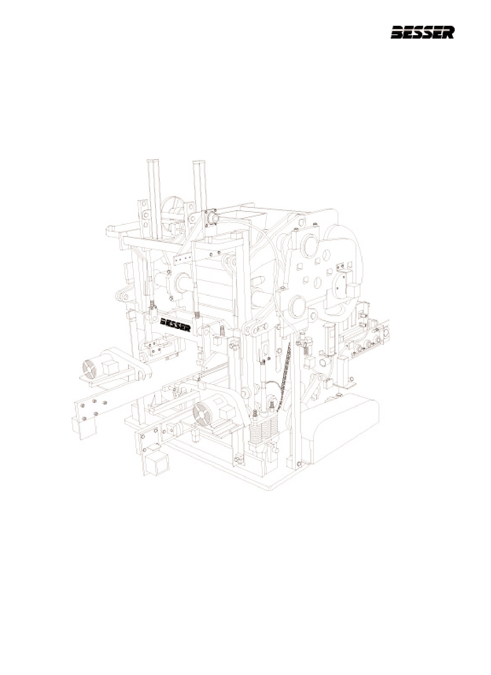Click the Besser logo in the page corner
[x=422, y=33]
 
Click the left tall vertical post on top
[x=154, y=199]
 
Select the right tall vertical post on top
[x=199, y=187]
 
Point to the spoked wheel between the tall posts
[x=172, y=211]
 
